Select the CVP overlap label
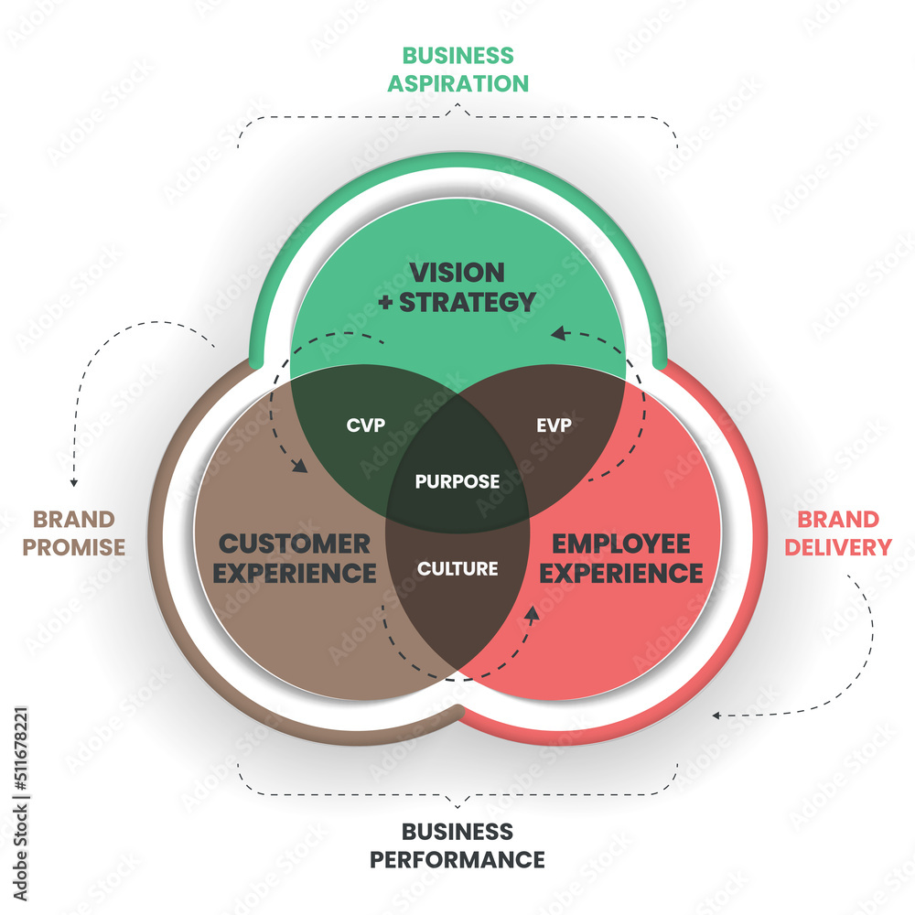365,425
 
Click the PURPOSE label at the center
457,481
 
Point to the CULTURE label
457,568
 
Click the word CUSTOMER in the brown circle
295,544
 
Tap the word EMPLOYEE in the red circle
621,544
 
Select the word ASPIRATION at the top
457,83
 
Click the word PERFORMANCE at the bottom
457,860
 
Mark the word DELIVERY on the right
844,547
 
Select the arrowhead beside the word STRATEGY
557,334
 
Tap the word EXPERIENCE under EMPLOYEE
629,574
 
